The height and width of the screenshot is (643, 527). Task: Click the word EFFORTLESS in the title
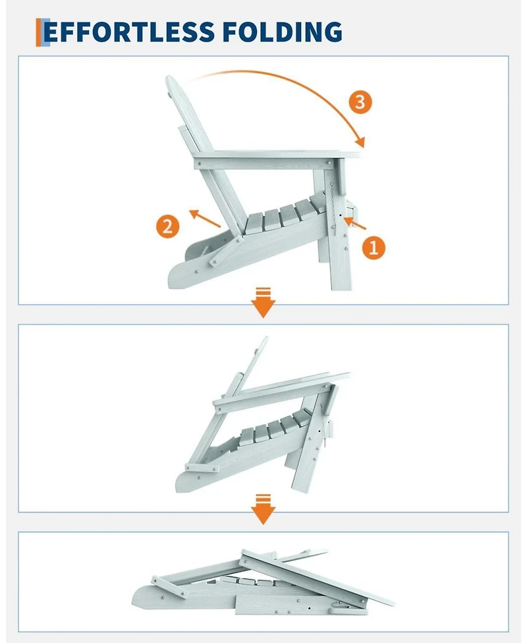point(129,32)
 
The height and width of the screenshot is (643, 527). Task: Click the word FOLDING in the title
point(283,32)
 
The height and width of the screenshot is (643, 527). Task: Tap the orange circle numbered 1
point(374,247)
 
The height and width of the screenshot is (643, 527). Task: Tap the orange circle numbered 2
point(167,226)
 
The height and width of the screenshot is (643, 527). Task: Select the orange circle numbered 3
point(360,102)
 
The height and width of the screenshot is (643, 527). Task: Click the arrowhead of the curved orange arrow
point(360,141)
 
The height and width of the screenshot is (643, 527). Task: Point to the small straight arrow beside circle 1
point(354,224)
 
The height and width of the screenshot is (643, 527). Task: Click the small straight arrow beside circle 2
point(205,218)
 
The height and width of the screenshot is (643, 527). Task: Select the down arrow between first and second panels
point(263,303)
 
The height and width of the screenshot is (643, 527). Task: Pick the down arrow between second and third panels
point(263,509)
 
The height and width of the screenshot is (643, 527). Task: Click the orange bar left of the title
point(39,32)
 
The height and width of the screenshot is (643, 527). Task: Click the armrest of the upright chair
point(278,159)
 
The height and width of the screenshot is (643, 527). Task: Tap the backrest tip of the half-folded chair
point(264,340)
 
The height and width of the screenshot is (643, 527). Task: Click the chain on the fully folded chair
point(339,604)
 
